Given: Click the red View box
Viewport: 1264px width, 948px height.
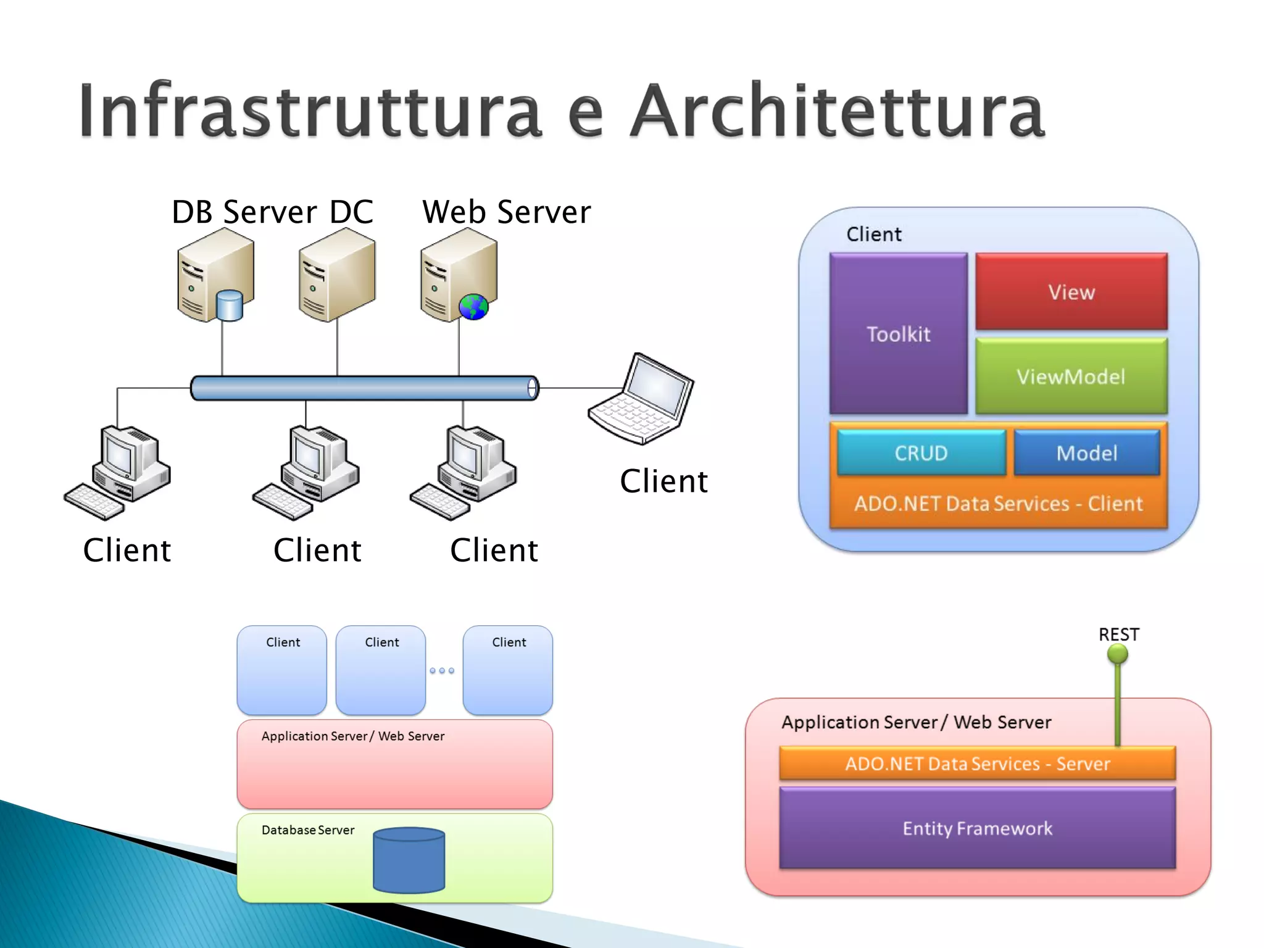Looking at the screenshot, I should [1071, 291].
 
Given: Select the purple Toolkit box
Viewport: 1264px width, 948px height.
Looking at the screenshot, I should [898, 334].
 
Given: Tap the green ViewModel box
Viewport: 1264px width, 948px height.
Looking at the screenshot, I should [1071, 376].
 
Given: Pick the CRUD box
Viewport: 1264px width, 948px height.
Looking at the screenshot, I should [921, 453].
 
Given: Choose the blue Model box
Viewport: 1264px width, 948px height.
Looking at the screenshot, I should [1086, 453].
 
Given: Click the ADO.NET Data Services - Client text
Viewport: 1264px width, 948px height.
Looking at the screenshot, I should [998, 504].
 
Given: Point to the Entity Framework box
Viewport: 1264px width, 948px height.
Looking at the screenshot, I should [977, 828].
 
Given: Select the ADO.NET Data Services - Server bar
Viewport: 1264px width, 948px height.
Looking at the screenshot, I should [977, 764].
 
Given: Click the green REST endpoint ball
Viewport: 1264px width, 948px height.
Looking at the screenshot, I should [1117, 654].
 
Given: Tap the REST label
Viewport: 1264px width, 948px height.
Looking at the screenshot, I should [1118, 634].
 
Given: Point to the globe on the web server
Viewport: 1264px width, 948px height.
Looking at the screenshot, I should [473, 307].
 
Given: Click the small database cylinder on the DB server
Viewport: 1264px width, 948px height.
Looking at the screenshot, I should [230, 306].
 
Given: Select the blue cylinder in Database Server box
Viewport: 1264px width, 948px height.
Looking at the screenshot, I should [409, 860].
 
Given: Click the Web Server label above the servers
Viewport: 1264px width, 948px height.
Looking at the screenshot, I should [506, 212].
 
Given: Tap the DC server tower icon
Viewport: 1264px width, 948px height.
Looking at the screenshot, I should [337, 275].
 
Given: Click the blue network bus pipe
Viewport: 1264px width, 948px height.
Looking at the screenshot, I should [364, 388].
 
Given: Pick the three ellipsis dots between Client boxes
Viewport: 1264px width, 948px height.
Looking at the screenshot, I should [442, 670].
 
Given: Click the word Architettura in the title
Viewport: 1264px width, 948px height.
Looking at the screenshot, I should [838, 111].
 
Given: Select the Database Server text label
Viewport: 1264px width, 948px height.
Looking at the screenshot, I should [308, 830].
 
